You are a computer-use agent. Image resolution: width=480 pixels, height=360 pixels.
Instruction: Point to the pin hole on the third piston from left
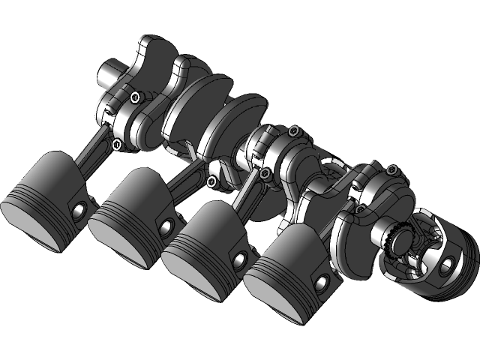[240, 259]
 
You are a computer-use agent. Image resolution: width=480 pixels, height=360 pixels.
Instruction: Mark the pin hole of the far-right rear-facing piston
[448, 262]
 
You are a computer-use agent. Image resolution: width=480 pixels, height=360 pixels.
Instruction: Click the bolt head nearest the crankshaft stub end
[135, 97]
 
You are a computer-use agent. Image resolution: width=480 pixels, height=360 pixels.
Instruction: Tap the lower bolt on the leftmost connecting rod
[117, 143]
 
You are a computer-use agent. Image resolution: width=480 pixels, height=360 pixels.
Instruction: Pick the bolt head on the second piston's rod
[212, 181]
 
